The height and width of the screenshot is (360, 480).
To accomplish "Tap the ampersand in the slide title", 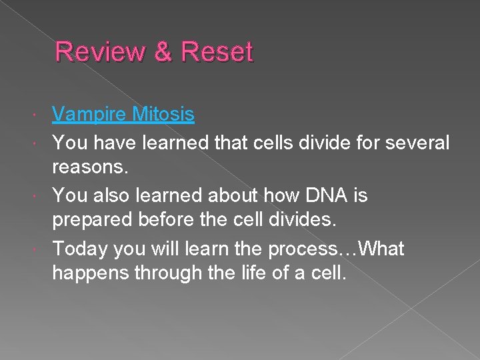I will point(162,52).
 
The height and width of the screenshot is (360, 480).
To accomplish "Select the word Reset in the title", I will point(217,52).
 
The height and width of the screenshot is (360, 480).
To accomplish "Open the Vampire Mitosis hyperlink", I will point(123,115).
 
